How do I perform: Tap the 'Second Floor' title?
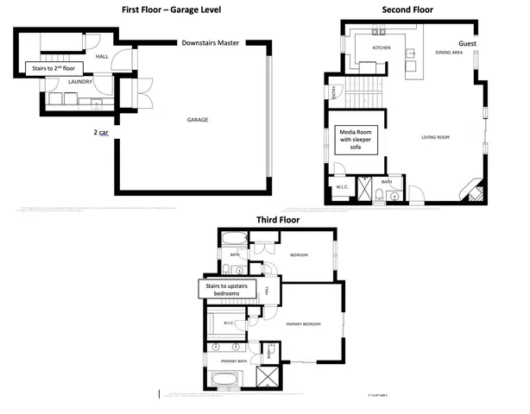click(408, 10)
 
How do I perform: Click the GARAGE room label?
click(198, 119)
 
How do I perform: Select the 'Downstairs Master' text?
click(211, 42)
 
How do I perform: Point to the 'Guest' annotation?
click(468, 43)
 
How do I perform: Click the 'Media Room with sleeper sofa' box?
click(355, 139)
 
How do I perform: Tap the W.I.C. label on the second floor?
click(340, 188)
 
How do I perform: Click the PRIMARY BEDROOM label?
click(304, 323)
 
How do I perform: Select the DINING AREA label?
click(449, 53)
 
